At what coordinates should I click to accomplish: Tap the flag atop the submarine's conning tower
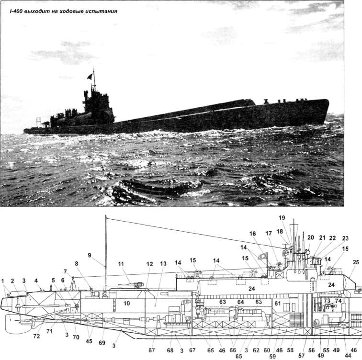coord(90,76)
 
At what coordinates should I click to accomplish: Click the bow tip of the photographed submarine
coord(328,101)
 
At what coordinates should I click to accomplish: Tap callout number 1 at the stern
coord(4,280)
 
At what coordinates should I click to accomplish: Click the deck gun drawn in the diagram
coord(135,285)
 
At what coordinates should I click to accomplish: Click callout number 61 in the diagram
coord(278,303)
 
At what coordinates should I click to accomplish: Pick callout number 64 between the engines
coord(241,302)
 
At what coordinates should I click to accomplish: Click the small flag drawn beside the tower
coord(261,256)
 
